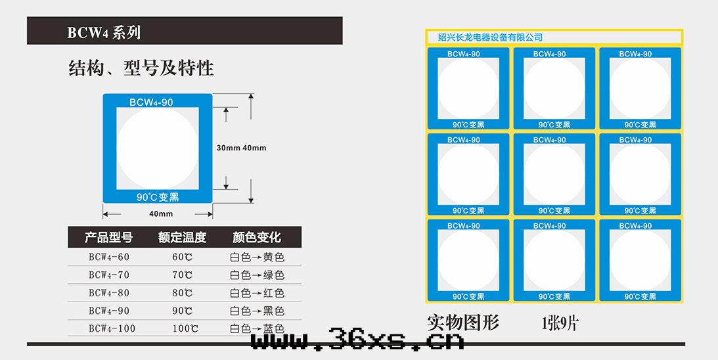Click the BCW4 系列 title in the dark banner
click(104, 32)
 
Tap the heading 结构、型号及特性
click(141, 68)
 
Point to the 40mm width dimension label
click(161, 214)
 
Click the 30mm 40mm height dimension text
click(241, 148)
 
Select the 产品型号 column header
click(109, 237)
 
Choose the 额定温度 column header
click(183, 237)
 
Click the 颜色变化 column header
click(257, 237)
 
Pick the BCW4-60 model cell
click(109, 257)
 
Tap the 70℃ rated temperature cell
click(183, 275)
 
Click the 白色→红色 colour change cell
click(257, 293)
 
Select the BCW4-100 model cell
click(112, 328)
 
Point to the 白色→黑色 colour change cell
click(257, 311)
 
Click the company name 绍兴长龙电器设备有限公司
click(491, 37)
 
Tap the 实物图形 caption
click(463, 323)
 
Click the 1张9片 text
click(560, 323)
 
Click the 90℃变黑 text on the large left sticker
click(158, 196)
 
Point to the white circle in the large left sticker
click(158, 148)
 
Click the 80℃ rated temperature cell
click(183, 293)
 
